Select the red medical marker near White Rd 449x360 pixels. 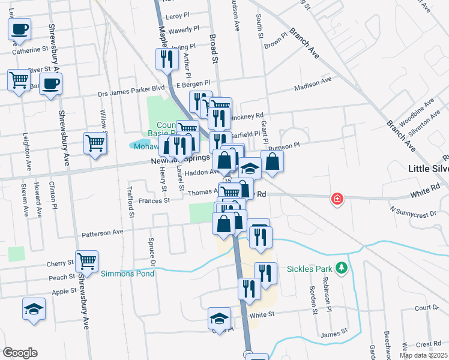337,199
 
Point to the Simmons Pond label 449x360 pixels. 127,274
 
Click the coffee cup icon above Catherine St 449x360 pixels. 19,29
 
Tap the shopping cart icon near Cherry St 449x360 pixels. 87,262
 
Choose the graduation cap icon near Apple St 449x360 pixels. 34,309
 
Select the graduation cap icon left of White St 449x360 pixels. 220,318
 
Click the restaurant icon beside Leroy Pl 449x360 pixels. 166,59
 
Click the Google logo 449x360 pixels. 19,353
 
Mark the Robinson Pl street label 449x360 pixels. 328,290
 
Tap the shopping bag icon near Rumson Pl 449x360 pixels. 272,161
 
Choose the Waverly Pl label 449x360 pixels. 184,29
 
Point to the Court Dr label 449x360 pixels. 427,308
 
